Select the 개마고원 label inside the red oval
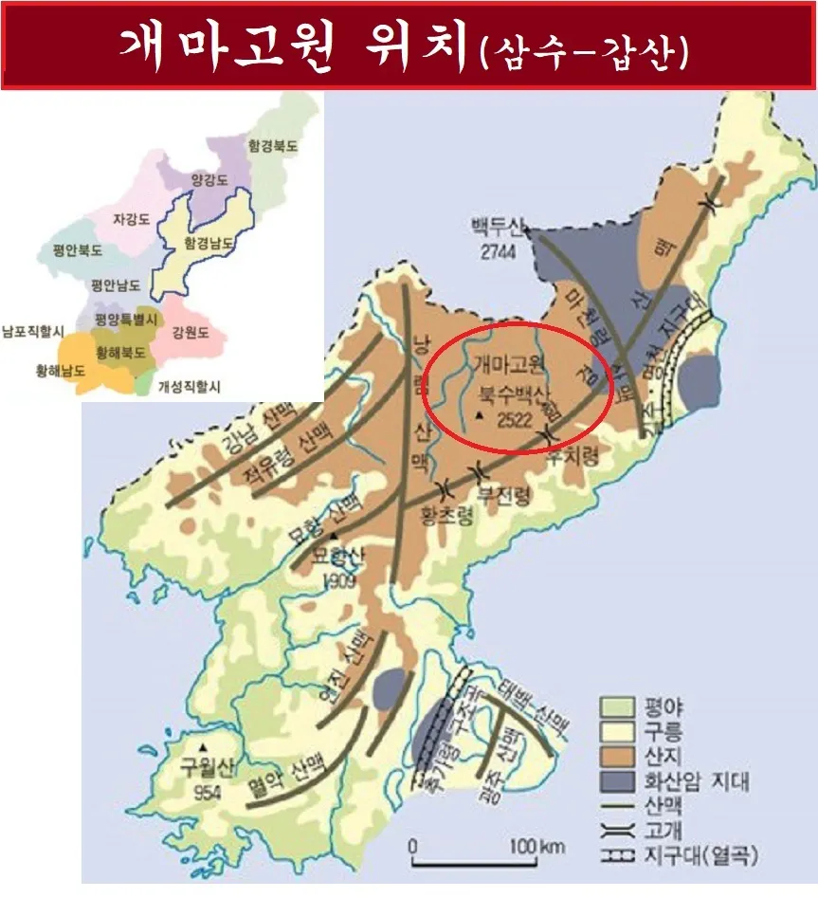[x=508, y=362]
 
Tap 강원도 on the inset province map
[x=191, y=333]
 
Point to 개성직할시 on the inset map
[x=189, y=386]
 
